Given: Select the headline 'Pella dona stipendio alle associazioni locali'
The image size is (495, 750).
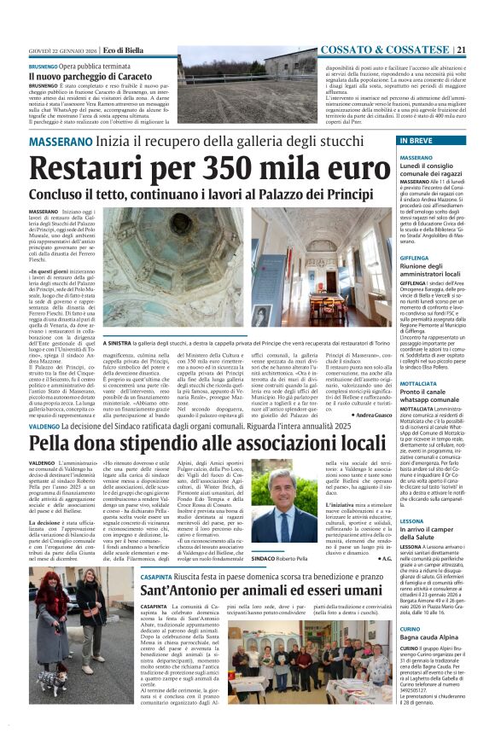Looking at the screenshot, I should pos(208,442).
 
